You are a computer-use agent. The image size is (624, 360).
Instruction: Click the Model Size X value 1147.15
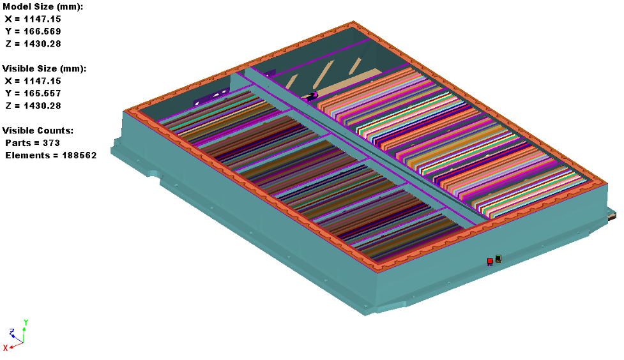pos(43,19)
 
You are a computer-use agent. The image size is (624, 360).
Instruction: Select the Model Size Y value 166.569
pos(43,31)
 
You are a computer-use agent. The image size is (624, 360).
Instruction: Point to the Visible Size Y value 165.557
pos(43,93)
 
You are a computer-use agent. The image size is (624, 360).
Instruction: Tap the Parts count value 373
pos(51,143)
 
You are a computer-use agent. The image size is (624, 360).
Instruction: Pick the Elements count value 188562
pos(79,155)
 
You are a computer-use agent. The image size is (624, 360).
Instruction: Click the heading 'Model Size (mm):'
pos(43,7)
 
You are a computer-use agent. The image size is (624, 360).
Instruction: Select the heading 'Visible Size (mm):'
pos(45,68)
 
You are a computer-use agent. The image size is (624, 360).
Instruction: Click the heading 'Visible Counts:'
pos(38,130)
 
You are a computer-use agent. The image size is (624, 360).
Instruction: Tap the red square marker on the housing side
pos(490,261)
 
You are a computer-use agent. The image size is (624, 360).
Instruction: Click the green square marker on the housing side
pos(498,258)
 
